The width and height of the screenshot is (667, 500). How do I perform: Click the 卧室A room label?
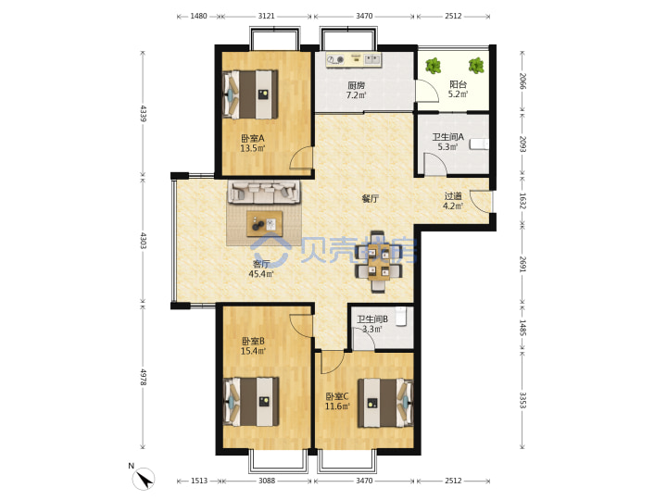[253, 138]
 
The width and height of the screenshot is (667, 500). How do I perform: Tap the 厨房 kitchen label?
[356, 85]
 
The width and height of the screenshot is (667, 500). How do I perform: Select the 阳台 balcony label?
[459, 84]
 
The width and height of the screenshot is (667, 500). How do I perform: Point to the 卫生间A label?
[448, 137]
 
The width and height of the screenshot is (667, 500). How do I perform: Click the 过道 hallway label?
[453, 196]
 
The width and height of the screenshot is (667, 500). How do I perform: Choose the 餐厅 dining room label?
[370, 198]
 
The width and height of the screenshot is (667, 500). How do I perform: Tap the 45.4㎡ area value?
[260, 274]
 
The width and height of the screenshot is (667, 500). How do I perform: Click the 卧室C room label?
[337, 396]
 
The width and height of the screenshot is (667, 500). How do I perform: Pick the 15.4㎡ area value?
[253, 351]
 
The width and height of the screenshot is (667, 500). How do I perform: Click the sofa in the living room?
[264, 193]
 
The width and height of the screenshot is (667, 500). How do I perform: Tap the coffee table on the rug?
[265, 223]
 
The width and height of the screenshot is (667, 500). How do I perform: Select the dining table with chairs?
[378, 262]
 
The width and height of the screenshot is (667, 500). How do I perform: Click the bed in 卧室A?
[250, 94]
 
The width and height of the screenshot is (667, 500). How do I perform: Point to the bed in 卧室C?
[385, 403]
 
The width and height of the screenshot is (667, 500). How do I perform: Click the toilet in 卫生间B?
[401, 317]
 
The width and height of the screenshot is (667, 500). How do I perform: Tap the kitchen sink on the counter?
[372, 60]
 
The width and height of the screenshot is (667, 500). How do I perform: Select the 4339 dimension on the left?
[143, 114]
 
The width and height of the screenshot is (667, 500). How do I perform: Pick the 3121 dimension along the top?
[267, 16]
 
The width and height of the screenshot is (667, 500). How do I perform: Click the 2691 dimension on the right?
[522, 264]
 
